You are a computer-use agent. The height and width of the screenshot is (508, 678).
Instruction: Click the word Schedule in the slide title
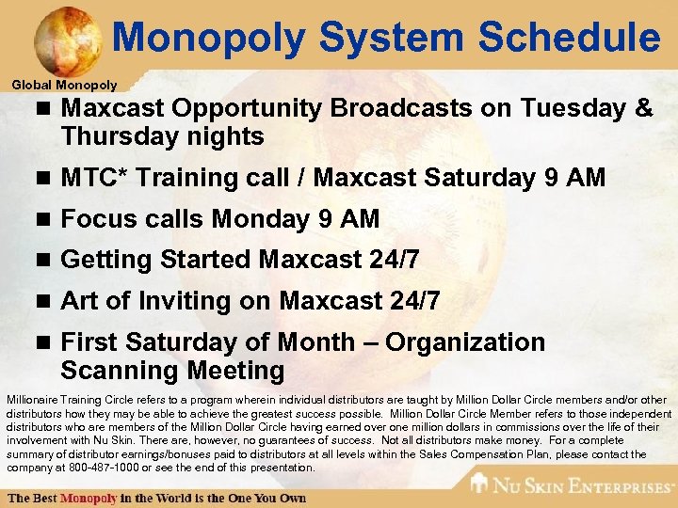pos(569,39)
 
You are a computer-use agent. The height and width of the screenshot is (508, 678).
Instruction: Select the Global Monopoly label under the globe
pos(64,85)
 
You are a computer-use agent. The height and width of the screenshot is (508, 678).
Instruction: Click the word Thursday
pos(119,136)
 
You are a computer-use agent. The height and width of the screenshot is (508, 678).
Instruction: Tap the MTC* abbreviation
pos(91,177)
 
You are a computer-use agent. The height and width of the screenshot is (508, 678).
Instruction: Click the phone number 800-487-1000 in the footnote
pos(92,468)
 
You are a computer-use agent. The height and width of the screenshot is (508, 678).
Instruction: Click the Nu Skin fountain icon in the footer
pos(480,484)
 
